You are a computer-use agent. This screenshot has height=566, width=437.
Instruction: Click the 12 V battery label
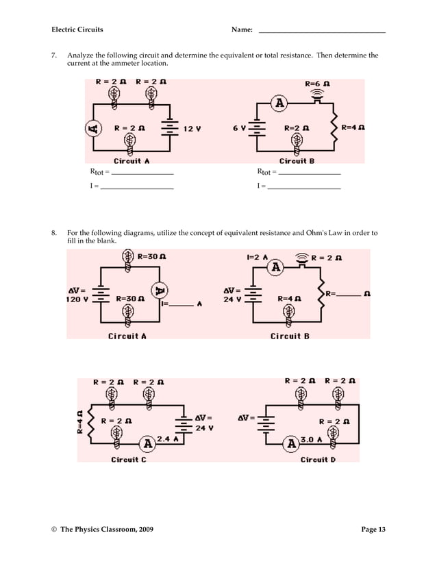pos(192,128)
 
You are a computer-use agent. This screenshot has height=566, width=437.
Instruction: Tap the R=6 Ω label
pos(317,83)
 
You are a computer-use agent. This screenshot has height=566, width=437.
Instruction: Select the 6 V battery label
pos(239,128)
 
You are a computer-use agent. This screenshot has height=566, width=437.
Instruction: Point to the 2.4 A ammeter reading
pos(168,439)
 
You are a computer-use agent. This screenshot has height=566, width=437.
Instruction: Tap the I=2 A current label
pos(257,258)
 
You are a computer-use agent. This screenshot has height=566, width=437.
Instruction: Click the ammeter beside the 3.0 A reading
pos(291,443)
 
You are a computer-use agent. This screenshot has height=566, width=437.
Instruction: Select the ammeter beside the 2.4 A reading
pos(147,442)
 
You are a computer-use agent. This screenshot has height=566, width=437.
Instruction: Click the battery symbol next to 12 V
pos(168,128)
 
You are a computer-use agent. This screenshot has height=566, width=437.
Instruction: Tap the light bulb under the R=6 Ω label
pos(316,97)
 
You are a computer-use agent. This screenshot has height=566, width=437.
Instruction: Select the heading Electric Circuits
pos(77,29)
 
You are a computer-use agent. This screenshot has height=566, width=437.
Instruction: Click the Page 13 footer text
pos(373,529)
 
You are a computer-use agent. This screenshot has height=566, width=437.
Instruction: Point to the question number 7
pos(54,55)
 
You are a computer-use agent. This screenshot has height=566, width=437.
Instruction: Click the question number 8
pos(54,233)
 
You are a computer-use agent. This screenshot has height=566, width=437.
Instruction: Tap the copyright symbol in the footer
pos(54,529)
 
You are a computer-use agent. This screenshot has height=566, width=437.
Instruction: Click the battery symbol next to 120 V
pos(101,294)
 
